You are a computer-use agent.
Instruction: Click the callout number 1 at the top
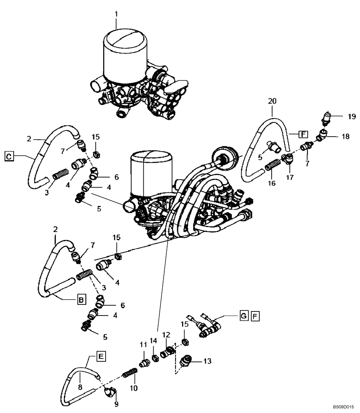click(x=116, y=14)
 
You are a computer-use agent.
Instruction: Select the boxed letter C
click(x=9, y=156)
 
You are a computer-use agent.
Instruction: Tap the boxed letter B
click(x=82, y=300)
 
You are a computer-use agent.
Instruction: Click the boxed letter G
click(x=244, y=316)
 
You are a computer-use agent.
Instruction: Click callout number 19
click(x=351, y=116)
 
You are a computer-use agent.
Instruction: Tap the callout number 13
click(x=207, y=361)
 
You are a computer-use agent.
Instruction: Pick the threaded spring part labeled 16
click(x=271, y=166)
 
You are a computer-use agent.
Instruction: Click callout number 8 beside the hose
click(x=81, y=387)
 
